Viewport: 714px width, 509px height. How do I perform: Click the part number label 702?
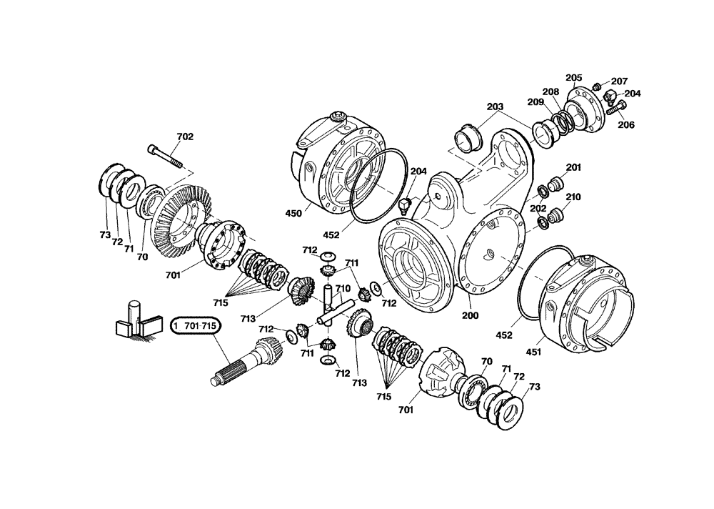coord(184,136)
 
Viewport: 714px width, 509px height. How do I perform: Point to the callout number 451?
coord(534,352)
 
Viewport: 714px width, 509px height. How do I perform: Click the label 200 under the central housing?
coord(469,315)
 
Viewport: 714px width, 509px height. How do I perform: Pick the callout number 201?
coord(574,167)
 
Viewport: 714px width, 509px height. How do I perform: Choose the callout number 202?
coord(538,209)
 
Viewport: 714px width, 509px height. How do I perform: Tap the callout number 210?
coord(573,197)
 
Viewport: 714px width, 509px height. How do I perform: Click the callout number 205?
coord(573,77)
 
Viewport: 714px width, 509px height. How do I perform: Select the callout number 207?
coord(619,81)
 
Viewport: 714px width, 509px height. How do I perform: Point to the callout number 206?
coord(626,124)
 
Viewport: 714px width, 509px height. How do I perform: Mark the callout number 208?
coord(550,92)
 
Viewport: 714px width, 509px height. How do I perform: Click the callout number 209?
coord(536,102)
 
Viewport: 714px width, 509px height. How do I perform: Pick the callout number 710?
coord(343,289)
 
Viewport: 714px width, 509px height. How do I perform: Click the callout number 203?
coord(495,107)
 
